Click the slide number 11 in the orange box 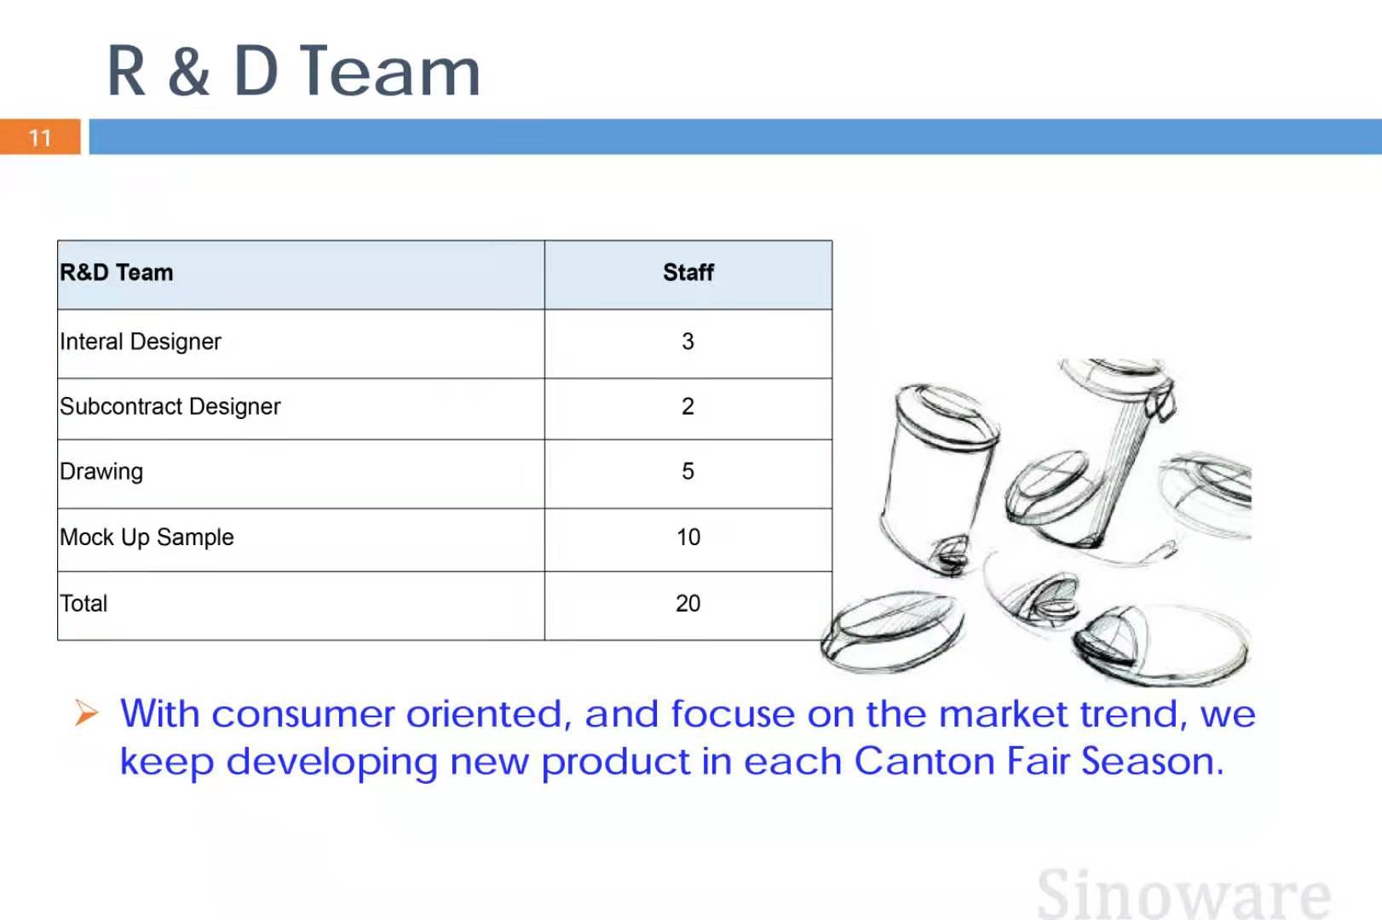click(40, 137)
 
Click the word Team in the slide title click(390, 72)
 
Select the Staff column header click(688, 272)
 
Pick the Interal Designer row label click(140, 342)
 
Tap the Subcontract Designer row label click(170, 406)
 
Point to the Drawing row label click(101, 472)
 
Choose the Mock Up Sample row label click(147, 538)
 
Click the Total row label click(83, 603)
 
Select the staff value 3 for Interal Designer click(688, 342)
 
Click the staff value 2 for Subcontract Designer click(688, 406)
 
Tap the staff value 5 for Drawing click(688, 471)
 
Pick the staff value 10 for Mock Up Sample click(688, 537)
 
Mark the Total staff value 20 click(688, 603)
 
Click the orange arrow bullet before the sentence click(86, 713)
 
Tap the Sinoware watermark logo click(1183, 893)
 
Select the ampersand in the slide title click(189, 72)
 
